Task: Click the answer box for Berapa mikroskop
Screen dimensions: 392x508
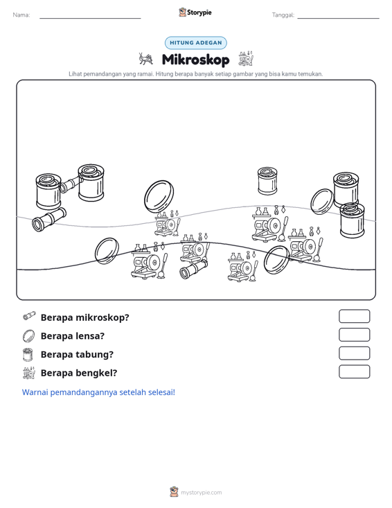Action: point(354,316)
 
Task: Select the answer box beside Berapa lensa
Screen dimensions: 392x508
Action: point(354,335)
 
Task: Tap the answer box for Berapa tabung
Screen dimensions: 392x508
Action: point(354,353)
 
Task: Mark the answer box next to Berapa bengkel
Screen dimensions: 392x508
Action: point(354,371)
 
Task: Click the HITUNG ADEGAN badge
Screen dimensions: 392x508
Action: point(196,43)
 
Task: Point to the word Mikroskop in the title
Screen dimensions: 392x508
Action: point(195,60)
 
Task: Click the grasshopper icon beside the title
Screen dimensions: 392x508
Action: point(145,59)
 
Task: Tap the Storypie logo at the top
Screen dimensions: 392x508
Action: point(195,12)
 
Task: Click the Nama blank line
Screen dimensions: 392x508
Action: point(90,18)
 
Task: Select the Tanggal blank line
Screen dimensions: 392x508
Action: point(338,18)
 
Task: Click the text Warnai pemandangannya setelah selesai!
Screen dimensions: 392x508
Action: point(98,392)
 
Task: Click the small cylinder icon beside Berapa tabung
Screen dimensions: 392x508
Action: point(28,354)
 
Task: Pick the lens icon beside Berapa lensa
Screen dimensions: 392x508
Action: point(28,336)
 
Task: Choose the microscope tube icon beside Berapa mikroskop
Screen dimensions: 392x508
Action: point(29,316)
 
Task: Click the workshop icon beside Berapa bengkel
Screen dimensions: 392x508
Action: point(29,373)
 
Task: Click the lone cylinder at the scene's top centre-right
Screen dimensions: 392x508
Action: point(267,181)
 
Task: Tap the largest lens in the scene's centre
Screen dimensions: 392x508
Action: point(159,197)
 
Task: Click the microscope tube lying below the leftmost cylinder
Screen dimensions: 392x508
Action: point(49,219)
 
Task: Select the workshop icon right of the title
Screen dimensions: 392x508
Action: point(246,58)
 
